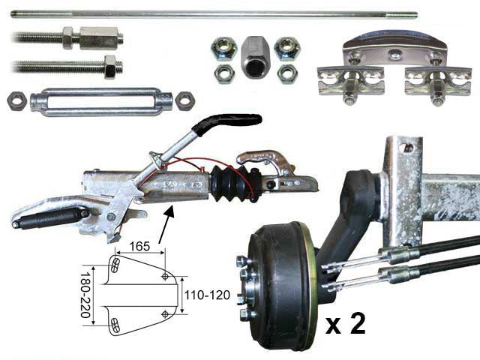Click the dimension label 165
(139, 246)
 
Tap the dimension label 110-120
(207, 295)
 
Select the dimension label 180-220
(85, 295)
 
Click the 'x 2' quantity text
(346, 323)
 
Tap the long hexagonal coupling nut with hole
(253, 57)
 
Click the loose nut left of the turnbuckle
(16, 100)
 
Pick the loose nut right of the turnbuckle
(185, 100)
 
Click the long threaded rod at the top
(214, 14)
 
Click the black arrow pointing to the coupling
(166, 224)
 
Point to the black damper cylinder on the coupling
(51, 217)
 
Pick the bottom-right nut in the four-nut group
(287, 73)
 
